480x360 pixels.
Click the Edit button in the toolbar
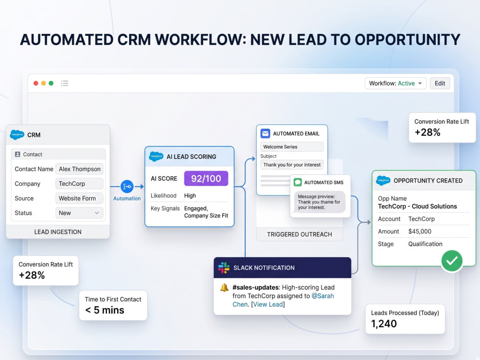click(440, 83)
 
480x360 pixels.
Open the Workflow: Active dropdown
click(396, 83)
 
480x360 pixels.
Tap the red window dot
click(36, 83)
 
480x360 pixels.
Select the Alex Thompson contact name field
click(79, 169)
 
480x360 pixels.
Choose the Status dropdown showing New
click(79, 213)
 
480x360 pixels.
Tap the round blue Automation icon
click(127, 186)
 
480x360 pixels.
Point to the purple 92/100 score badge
click(206, 179)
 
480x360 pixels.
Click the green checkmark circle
click(452, 261)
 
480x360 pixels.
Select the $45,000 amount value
click(420, 231)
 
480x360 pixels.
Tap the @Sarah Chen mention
click(283, 300)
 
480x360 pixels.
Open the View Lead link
click(268, 304)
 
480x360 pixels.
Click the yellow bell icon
click(224, 288)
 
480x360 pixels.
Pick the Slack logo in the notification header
click(224, 267)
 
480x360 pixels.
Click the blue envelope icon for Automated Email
click(265, 133)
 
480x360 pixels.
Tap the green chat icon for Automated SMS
click(298, 182)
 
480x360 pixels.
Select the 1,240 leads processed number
click(384, 324)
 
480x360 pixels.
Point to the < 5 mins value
click(105, 310)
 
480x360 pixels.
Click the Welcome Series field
click(292, 146)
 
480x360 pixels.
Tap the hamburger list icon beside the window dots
click(65, 83)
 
